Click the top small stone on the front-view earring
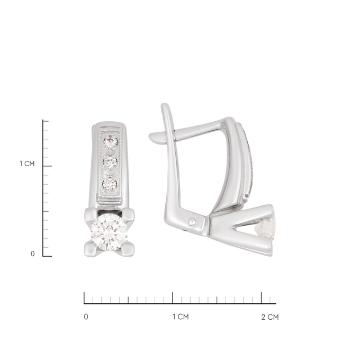coord(111,142)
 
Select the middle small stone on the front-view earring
coord(110,163)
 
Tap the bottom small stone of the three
coord(110,184)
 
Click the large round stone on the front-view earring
coord(109,232)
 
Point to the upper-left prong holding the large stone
coord(91,214)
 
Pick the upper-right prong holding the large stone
coord(128,214)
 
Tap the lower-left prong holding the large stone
coord(91,249)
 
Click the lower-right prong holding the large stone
coord(127,249)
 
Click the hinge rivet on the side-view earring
coord(192,222)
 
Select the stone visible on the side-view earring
coord(265,229)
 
